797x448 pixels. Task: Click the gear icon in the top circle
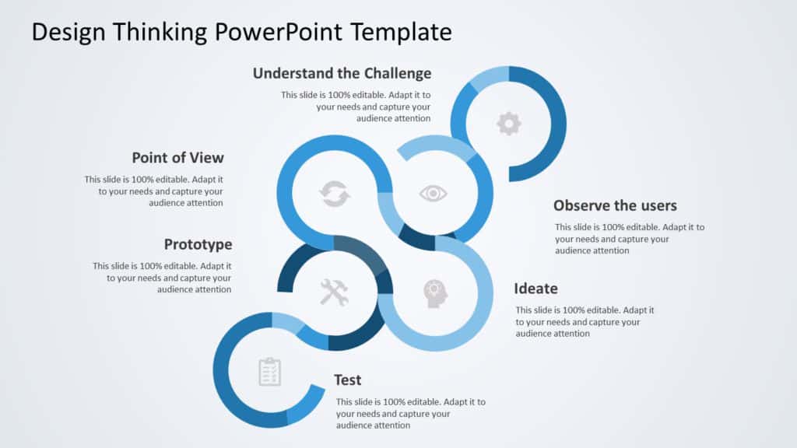click(x=508, y=124)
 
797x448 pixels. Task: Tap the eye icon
click(x=433, y=193)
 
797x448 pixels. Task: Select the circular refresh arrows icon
click(x=335, y=194)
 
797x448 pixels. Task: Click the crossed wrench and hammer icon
click(x=335, y=292)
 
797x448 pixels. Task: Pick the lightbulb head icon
click(x=435, y=292)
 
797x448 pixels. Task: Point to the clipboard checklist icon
click(x=269, y=372)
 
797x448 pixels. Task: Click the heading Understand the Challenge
click(x=342, y=73)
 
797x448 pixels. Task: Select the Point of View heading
click(x=177, y=158)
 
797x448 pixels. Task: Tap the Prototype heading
click(x=198, y=244)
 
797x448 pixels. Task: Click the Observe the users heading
click(x=615, y=205)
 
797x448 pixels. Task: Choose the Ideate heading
click(x=535, y=289)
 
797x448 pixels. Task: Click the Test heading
click(x=348, y=380)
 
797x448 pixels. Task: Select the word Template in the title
click(x=401, y=32)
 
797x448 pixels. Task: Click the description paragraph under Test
click(x=410, y=414)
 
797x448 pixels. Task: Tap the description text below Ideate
click(x=585, y=321)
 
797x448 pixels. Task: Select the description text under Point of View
click(x=154, y=191)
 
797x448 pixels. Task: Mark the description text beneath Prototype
click(x=162, y=277)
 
